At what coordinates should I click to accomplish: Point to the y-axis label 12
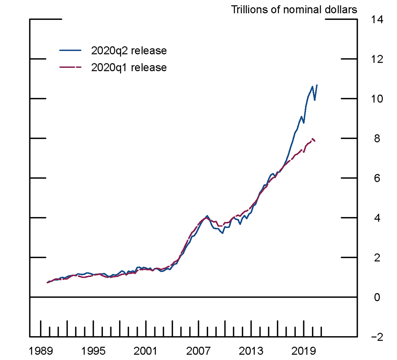pos(377,59)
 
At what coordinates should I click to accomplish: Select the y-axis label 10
pos(377,99)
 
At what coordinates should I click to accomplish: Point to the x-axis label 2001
pos(146,351)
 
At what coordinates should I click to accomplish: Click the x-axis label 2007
pos(198,351)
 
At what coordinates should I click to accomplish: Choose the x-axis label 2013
pos(251,351)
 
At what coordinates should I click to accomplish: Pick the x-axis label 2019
pos(304,351)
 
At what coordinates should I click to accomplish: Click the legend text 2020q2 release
pos(129,51)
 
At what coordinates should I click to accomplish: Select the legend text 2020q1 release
pos(129,67)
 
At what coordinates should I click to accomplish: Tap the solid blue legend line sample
pos(70,51)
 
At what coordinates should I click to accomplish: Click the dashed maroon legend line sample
pos(70,67)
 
